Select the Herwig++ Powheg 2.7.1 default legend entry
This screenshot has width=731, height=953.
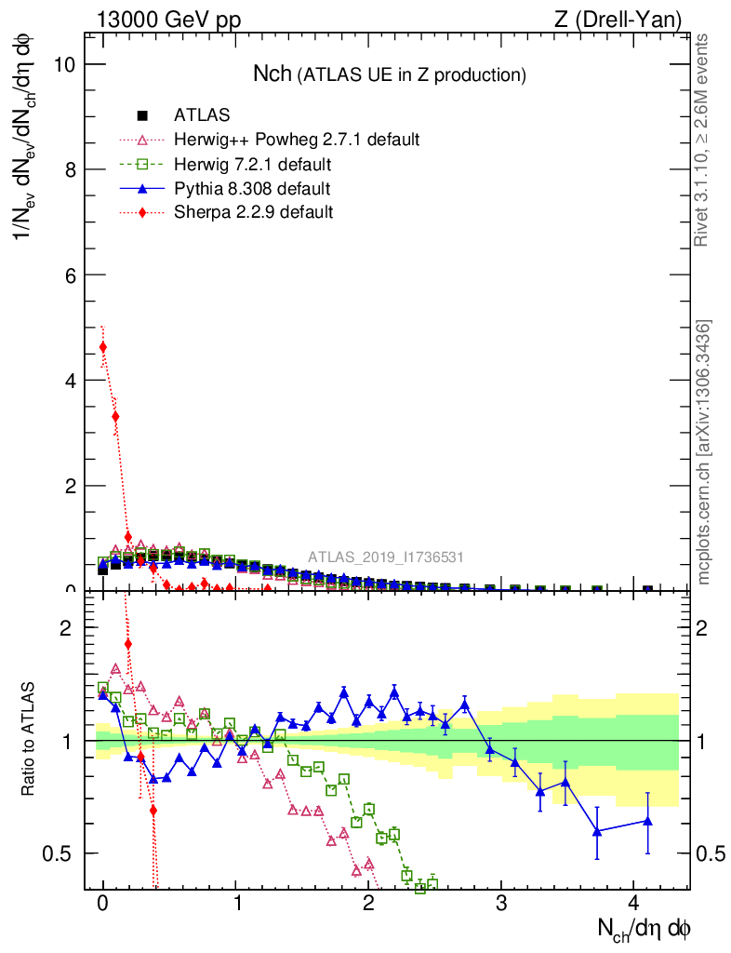(297, 140)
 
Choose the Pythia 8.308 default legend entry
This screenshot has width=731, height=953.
(252, 188)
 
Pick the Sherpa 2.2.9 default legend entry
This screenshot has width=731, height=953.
(253, 212)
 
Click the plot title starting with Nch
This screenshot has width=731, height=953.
(390, 74)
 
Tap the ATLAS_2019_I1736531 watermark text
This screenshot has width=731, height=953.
(386, 557)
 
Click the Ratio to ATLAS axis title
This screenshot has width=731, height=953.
(29, 740)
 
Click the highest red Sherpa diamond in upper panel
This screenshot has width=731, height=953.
(102, 347)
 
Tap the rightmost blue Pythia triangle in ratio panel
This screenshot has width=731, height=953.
(647, 820)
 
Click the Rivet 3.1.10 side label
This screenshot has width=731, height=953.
(703, 140)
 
